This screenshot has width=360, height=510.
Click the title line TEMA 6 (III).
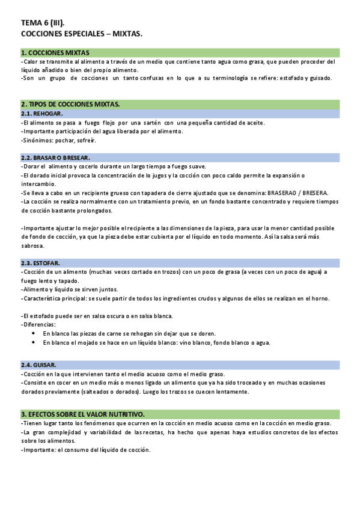click(41, 23)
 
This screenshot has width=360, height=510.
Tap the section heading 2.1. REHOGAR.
click(41, 114)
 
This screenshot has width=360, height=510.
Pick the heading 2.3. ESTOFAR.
click(40, 263)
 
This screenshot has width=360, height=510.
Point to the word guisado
click(318, 78)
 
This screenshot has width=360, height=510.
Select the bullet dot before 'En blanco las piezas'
click(32, 334)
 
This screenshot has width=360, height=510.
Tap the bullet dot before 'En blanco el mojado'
click(32, 343)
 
